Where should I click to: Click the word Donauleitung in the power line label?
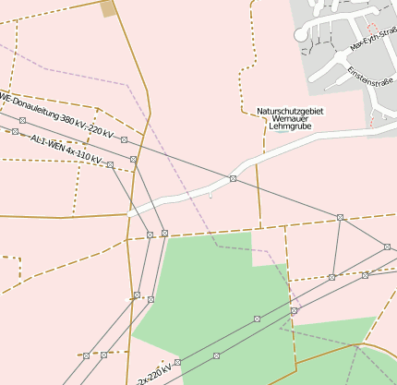[33, 105]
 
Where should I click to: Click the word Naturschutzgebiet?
[291, 111]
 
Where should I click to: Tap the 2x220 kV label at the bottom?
[152, 375]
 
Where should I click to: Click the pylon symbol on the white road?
[233, 177]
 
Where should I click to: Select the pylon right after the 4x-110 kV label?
[110, 164]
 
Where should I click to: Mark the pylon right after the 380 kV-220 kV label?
[124, 139]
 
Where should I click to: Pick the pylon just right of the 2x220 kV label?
[177, 362]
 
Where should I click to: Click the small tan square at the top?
[109, 8]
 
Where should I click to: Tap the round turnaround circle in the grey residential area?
[299, 35]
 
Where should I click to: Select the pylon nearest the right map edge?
[386, 247]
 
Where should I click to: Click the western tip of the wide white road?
[131, 213]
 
